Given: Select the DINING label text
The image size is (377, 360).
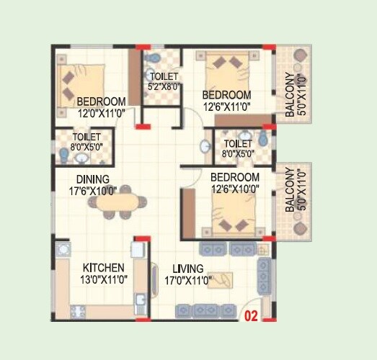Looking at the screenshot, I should coord(93,179).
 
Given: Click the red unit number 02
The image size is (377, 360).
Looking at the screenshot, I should coord(252,315).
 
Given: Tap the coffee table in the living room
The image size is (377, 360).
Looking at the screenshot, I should coord(221,280).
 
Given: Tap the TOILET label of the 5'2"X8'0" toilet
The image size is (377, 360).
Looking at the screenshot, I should coord(162,77).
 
